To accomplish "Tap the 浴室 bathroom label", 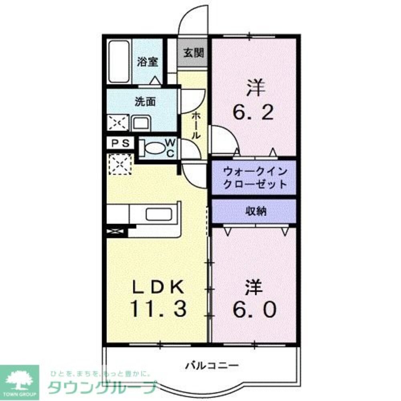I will click(x=147, y=62).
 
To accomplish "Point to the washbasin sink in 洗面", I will click(x=141, y=122).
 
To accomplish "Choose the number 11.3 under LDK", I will click(x=157, y=309).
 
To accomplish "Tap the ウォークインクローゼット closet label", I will click(x=254, y=178).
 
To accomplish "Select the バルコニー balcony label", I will click(x=212, y=365).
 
